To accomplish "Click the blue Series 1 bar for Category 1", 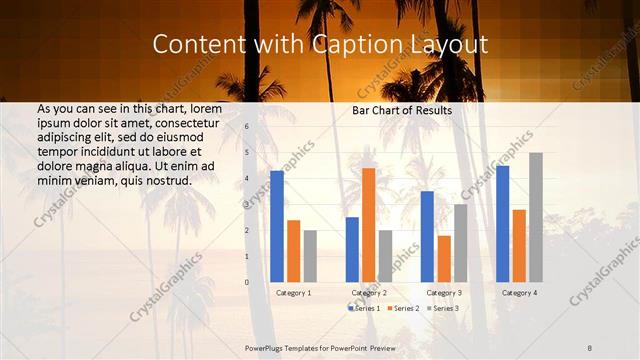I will [x=277, y=226].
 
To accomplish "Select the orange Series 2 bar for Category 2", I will [x=369, y=225].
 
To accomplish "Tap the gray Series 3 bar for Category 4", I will [x=536, y=217].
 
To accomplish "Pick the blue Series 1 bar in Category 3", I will [x=427, y=236].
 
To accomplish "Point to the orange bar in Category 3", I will [x=444, y=259].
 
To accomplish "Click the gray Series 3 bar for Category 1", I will [x=310, y=256].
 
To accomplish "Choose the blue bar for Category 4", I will [x=502, y=223].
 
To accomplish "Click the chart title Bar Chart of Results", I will [x=402, y=110].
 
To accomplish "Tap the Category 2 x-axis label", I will [x=369, y=293].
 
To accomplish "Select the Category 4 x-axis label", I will [x=519, y=293].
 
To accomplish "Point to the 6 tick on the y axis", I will [x=247, y=127].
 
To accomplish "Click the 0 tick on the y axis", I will [x=247, y=282].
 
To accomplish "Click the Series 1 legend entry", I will [x=363, y=309].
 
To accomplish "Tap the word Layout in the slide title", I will [x=450, y=45].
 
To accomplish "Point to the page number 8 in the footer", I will [x=590, y=347].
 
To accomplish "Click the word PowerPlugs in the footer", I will [x=265, y=347].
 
